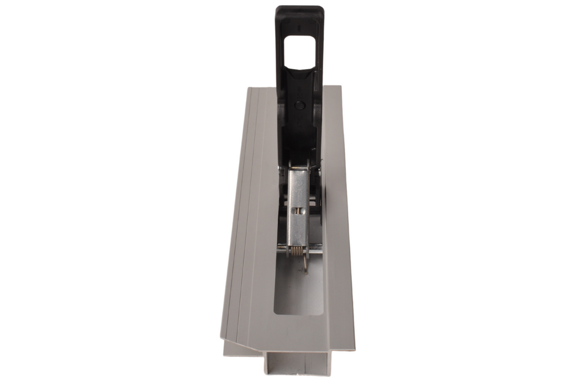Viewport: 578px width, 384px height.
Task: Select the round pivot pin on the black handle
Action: tap(301, 105)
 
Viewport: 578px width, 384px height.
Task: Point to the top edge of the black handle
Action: tap(299, 8)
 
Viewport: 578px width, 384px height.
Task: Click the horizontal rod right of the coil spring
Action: tap(315, 251)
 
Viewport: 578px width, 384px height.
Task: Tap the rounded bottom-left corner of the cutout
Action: tap(277, 311)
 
